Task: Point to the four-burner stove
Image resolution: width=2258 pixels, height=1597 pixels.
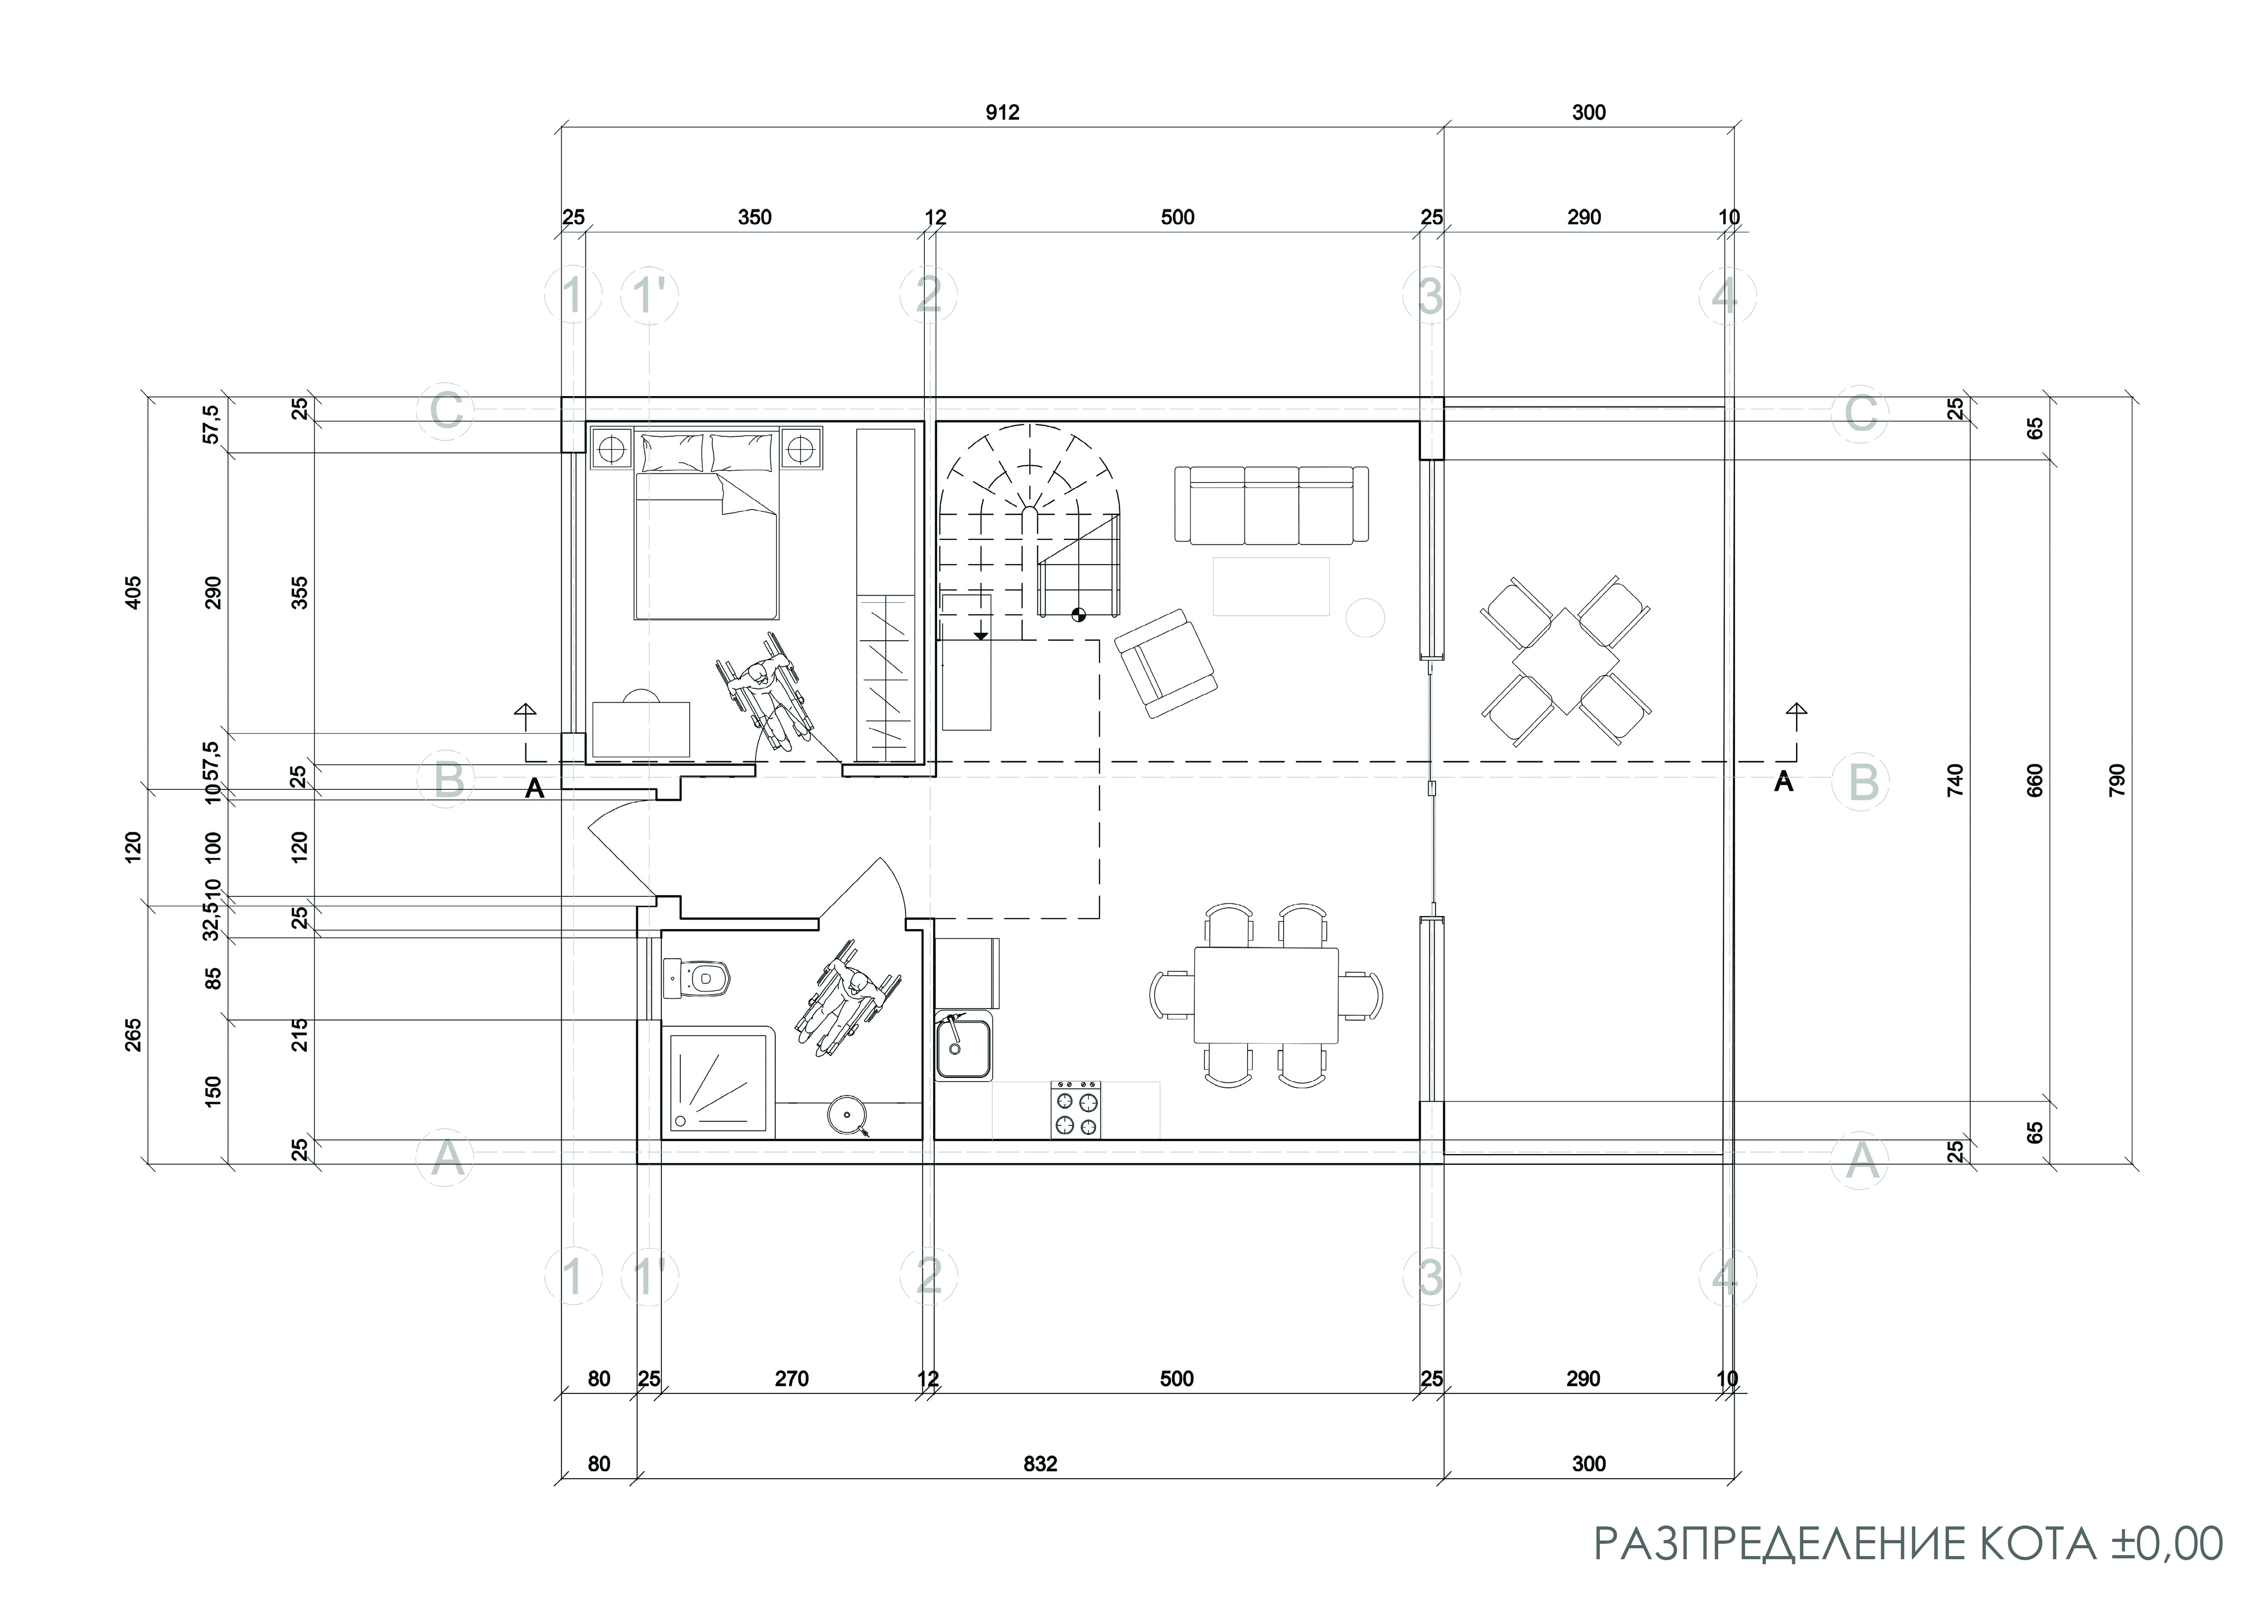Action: (1077, 1109)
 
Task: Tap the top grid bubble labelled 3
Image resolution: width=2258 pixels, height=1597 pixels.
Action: (1431, 295)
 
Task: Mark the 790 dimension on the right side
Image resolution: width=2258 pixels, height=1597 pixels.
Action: (2117, 780)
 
